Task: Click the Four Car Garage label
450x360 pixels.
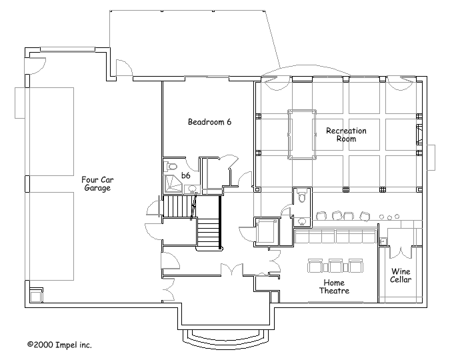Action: [x=97, y=184]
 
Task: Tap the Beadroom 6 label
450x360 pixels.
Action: [x=209, y=122]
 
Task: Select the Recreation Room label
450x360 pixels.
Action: [x=346, y=135]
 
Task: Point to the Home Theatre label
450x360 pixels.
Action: [x=335, y=287]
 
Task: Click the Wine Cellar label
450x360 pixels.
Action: [x=401, y=275]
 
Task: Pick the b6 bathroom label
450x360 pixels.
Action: [x=186, y=175]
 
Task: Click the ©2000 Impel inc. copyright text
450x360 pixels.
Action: [x=59, y=345]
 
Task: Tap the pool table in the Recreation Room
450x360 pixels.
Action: [x=302, y=134]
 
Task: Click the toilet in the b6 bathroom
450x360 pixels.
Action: [x=172, y=166]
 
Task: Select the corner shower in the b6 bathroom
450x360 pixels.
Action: [x=173, y=183]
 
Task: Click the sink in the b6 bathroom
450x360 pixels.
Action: [x=192, y=189]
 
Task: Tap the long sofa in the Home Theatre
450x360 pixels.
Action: [x=335, y=236]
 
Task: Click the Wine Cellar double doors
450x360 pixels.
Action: [x=401, y=252]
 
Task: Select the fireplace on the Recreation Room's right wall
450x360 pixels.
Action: [x=419, y=134]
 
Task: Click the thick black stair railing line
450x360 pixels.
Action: [x=220, y=223]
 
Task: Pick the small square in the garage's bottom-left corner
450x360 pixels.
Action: [x=36, y=295]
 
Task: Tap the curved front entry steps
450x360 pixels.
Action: [x=223, y=339]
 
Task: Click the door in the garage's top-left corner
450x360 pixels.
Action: [x=35, y=66]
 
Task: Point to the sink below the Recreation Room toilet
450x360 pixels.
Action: [x=302, y=221]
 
